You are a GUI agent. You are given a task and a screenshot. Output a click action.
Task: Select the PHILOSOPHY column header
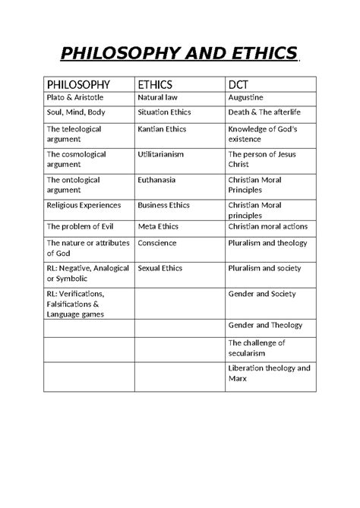click(78, 84)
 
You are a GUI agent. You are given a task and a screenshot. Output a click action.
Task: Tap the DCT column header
click(241, 84)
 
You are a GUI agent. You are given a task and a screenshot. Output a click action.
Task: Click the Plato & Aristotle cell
click(77, 98)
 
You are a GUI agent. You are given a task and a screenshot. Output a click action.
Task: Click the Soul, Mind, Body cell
click(76, 113)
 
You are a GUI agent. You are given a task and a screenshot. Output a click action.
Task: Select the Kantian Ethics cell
click(162, 129)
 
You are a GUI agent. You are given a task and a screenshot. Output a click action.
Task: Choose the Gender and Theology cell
click(265, 325)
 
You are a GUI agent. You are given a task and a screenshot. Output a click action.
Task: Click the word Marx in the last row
click(238, 378)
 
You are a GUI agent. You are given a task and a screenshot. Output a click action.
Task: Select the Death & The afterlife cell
click(265, 113)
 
